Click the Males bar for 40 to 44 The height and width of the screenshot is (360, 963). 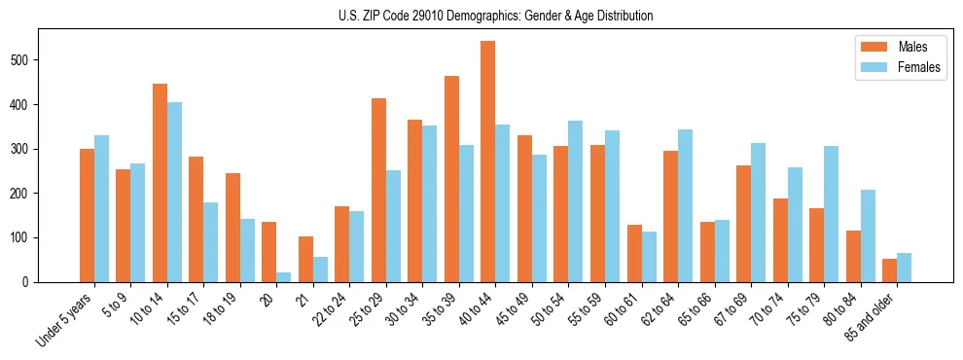(x=488, y=162)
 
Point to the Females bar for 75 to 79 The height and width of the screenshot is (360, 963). (x=832, y=214)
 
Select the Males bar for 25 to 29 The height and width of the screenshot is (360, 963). (x=378, y=190)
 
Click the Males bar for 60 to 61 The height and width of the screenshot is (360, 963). (x=634, y=253)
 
